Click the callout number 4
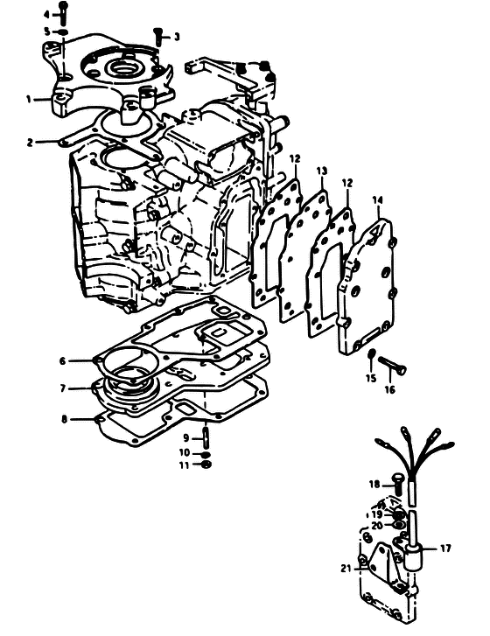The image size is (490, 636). coord(46,14)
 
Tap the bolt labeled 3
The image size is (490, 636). coord(158,36)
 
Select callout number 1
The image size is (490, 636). coord(29,99)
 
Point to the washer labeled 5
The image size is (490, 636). coord(63,31)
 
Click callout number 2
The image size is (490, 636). coord(30,143)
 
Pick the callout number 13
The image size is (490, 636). coord(322,171)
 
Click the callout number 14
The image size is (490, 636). coord(377,200)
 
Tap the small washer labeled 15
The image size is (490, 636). coord(371,354)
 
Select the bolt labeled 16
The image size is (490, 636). coord(393,366)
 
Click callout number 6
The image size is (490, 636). coord(62,360)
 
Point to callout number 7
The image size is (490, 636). coord(62,388)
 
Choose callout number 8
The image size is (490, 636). coord(64,419)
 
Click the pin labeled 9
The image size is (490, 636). coord(206,437)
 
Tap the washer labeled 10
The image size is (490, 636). coord(206,454)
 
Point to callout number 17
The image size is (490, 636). coord(445,549)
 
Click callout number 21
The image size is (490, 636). coord(346,569)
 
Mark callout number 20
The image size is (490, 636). coord(377,526)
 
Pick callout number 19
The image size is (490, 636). coord(377,514)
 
